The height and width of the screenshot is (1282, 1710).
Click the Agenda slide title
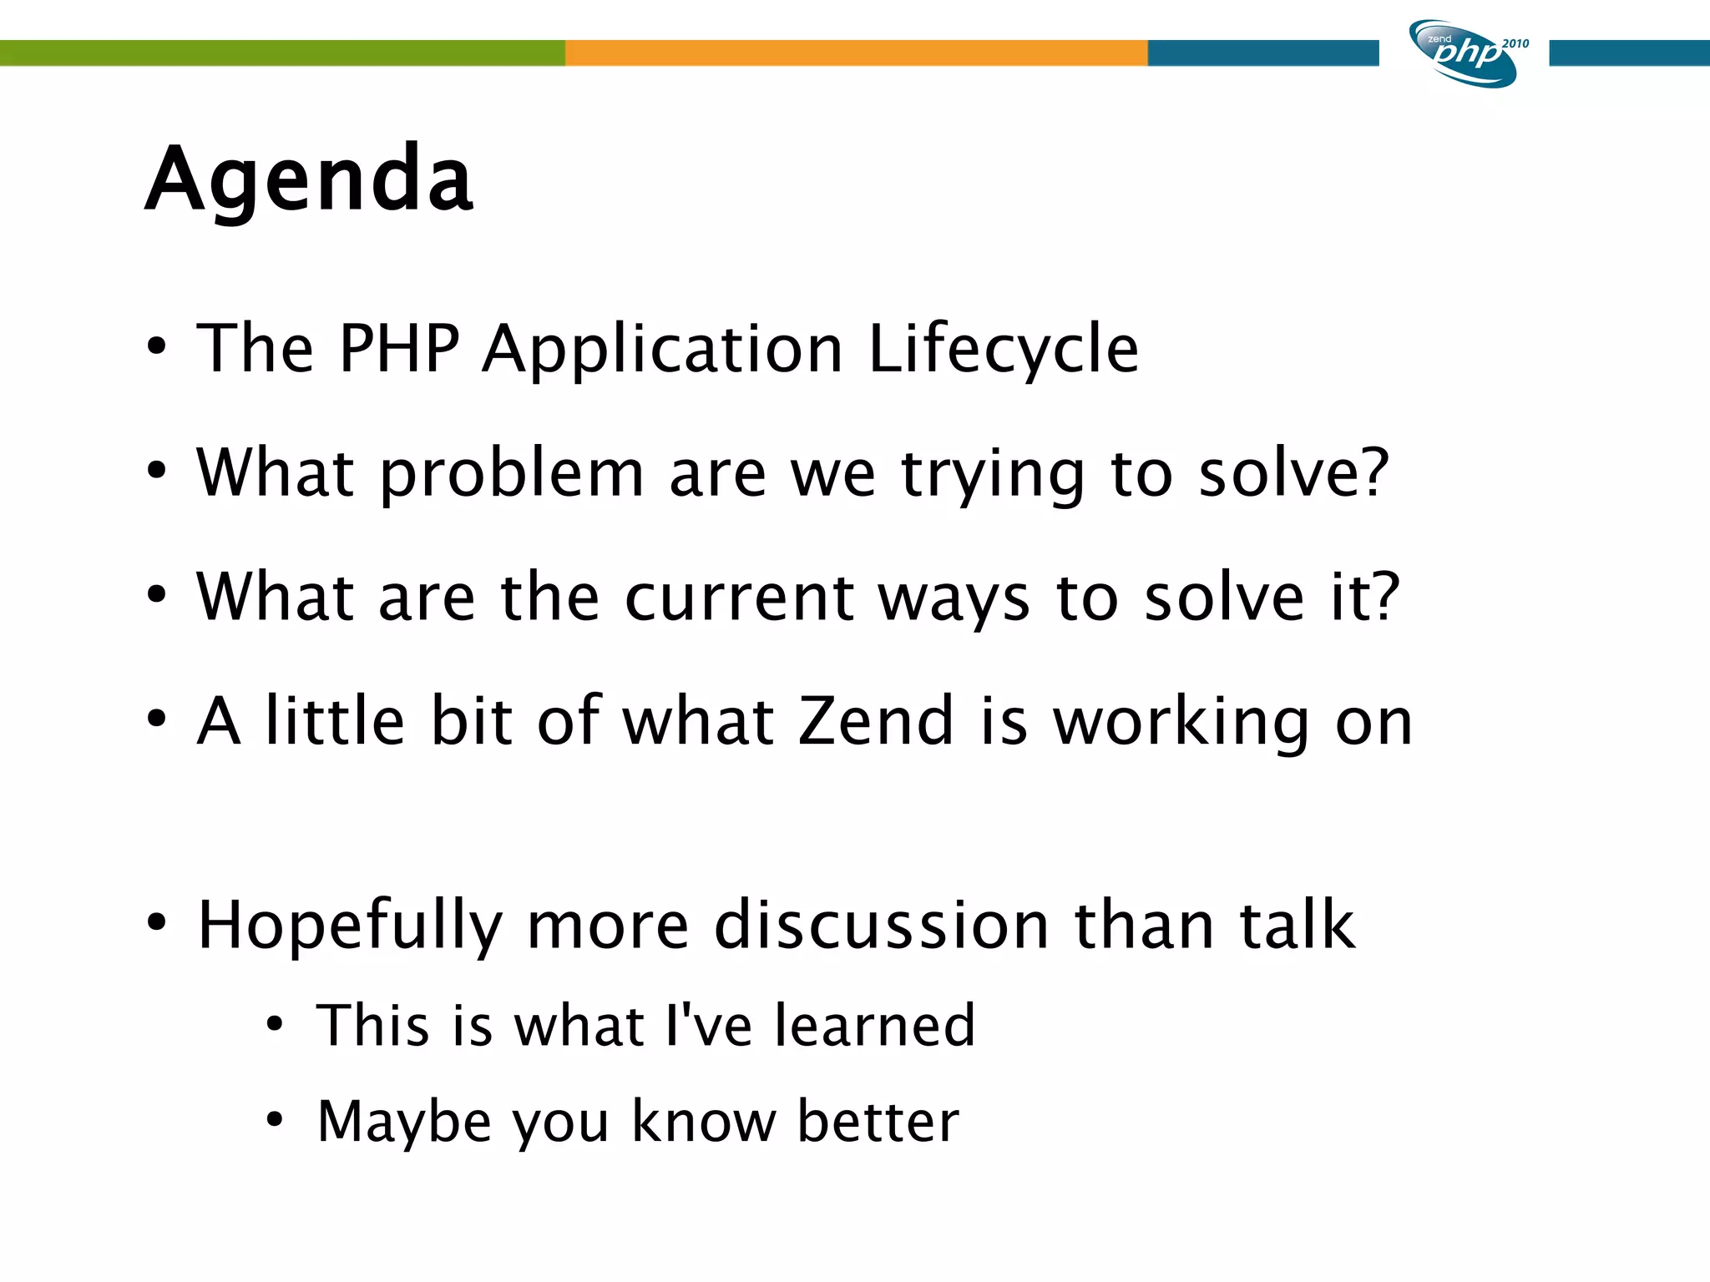(x=309, y=179)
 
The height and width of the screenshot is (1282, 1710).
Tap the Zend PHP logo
(x=1463, y=54)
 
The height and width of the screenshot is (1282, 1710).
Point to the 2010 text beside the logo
(x=1515, y=43)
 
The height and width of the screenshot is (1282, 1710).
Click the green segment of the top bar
(x=282, y=53)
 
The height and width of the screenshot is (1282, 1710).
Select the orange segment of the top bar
(x=856, y=53)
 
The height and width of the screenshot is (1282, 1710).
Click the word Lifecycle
(x=1004, y=349)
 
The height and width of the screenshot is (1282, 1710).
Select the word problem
(x=512, y=474)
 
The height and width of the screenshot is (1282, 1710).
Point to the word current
(x=740, y=598)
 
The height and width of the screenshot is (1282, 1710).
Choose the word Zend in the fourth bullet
(x=876, y=721)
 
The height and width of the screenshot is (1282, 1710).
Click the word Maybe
(x=404, y=1122)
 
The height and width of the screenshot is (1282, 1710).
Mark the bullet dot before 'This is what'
(x=275, y=1024)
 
